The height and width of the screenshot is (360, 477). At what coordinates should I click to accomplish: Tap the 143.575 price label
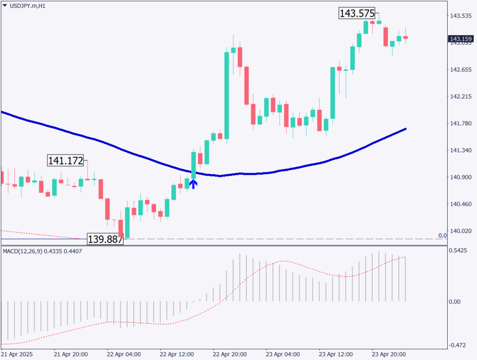[357, 14]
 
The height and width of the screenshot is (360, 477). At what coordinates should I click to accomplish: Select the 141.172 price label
[66, 161]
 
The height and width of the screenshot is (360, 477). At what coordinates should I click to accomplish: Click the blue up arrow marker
[193, 183]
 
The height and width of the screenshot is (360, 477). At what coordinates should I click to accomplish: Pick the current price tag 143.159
[460, 39]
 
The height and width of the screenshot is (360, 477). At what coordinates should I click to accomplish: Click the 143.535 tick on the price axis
[460, 16]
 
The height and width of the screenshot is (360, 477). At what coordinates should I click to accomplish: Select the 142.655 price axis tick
[460, 70]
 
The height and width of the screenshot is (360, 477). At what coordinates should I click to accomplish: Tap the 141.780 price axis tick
[460, 123]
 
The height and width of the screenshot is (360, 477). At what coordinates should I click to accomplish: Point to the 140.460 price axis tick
[460, 204]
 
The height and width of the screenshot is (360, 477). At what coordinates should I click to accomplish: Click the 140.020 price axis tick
[460, 231]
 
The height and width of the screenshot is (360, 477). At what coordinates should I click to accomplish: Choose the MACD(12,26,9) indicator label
[22, 251]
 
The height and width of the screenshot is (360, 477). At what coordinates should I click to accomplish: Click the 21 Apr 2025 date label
[17, 354]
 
